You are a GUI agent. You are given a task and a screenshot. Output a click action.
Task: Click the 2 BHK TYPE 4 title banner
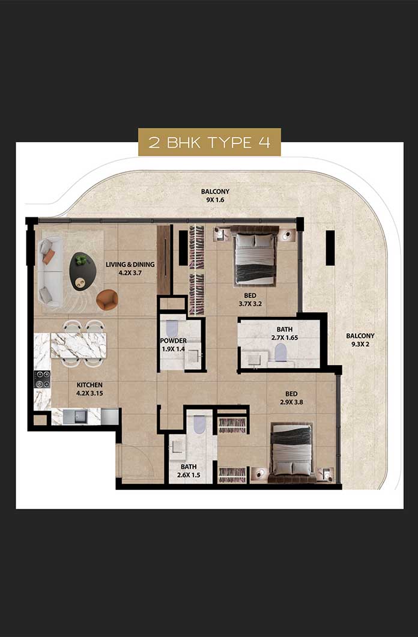[209, 142]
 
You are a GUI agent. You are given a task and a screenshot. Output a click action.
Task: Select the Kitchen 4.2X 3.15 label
[89, 389]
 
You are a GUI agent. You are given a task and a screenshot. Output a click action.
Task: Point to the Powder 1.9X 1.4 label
[174, 345]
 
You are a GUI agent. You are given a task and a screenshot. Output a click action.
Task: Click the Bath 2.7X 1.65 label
[284, 333]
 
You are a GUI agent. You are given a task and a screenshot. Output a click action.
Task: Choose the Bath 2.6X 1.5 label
[189, 471]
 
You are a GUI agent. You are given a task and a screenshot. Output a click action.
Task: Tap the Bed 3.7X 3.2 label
[250, 300]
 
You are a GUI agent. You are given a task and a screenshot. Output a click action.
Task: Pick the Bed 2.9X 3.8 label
[291, 397]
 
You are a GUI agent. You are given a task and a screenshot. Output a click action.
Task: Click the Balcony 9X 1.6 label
[215, 195]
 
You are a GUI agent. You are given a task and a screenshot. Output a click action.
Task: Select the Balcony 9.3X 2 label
[360, 340]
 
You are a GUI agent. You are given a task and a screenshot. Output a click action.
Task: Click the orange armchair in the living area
[108, 300]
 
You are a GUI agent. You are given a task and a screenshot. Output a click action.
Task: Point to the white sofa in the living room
[50, 272]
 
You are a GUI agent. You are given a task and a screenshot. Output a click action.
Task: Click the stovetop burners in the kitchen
[42, 379]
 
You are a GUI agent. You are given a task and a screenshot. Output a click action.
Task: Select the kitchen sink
[76, 416]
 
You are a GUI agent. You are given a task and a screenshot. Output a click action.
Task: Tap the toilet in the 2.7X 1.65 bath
[280, 352]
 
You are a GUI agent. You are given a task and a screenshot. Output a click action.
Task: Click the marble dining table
[79, 346]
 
